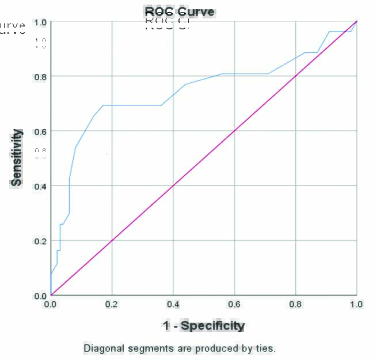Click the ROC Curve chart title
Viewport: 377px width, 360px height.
pyautogui.click(x=179, y=12)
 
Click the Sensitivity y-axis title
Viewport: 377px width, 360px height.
pyautogui.click(x=17, y=157)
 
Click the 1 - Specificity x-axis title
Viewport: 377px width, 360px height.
pyautogui.click(x=204, y=326)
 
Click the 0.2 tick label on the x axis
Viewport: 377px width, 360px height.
pyautogui.click(x=112, y=305)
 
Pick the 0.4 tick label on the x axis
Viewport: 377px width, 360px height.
pyautogui.click(x=173, y=305)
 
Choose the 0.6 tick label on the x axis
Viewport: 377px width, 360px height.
pyautogui.click(x=234, y=305)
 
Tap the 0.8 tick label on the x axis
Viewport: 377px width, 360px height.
pyautogui.click(x=296, y=305)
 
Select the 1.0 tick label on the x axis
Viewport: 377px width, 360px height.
pyautogui.click(x=357, y=305)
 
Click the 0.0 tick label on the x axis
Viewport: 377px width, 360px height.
pyautogui.click(x=51, y=305)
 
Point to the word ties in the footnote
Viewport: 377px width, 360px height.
pyautogui.click(x=267, y=348)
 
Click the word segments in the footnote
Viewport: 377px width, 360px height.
pyautogui.click(x=141, y=348)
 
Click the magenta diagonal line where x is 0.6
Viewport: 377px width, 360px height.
pyautogui.click(x=234, y=131)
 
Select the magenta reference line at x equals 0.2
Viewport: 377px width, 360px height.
pyautogui.click(x=112, y=241)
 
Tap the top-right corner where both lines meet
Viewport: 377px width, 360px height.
pyautogui.click(x=357, y=21)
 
